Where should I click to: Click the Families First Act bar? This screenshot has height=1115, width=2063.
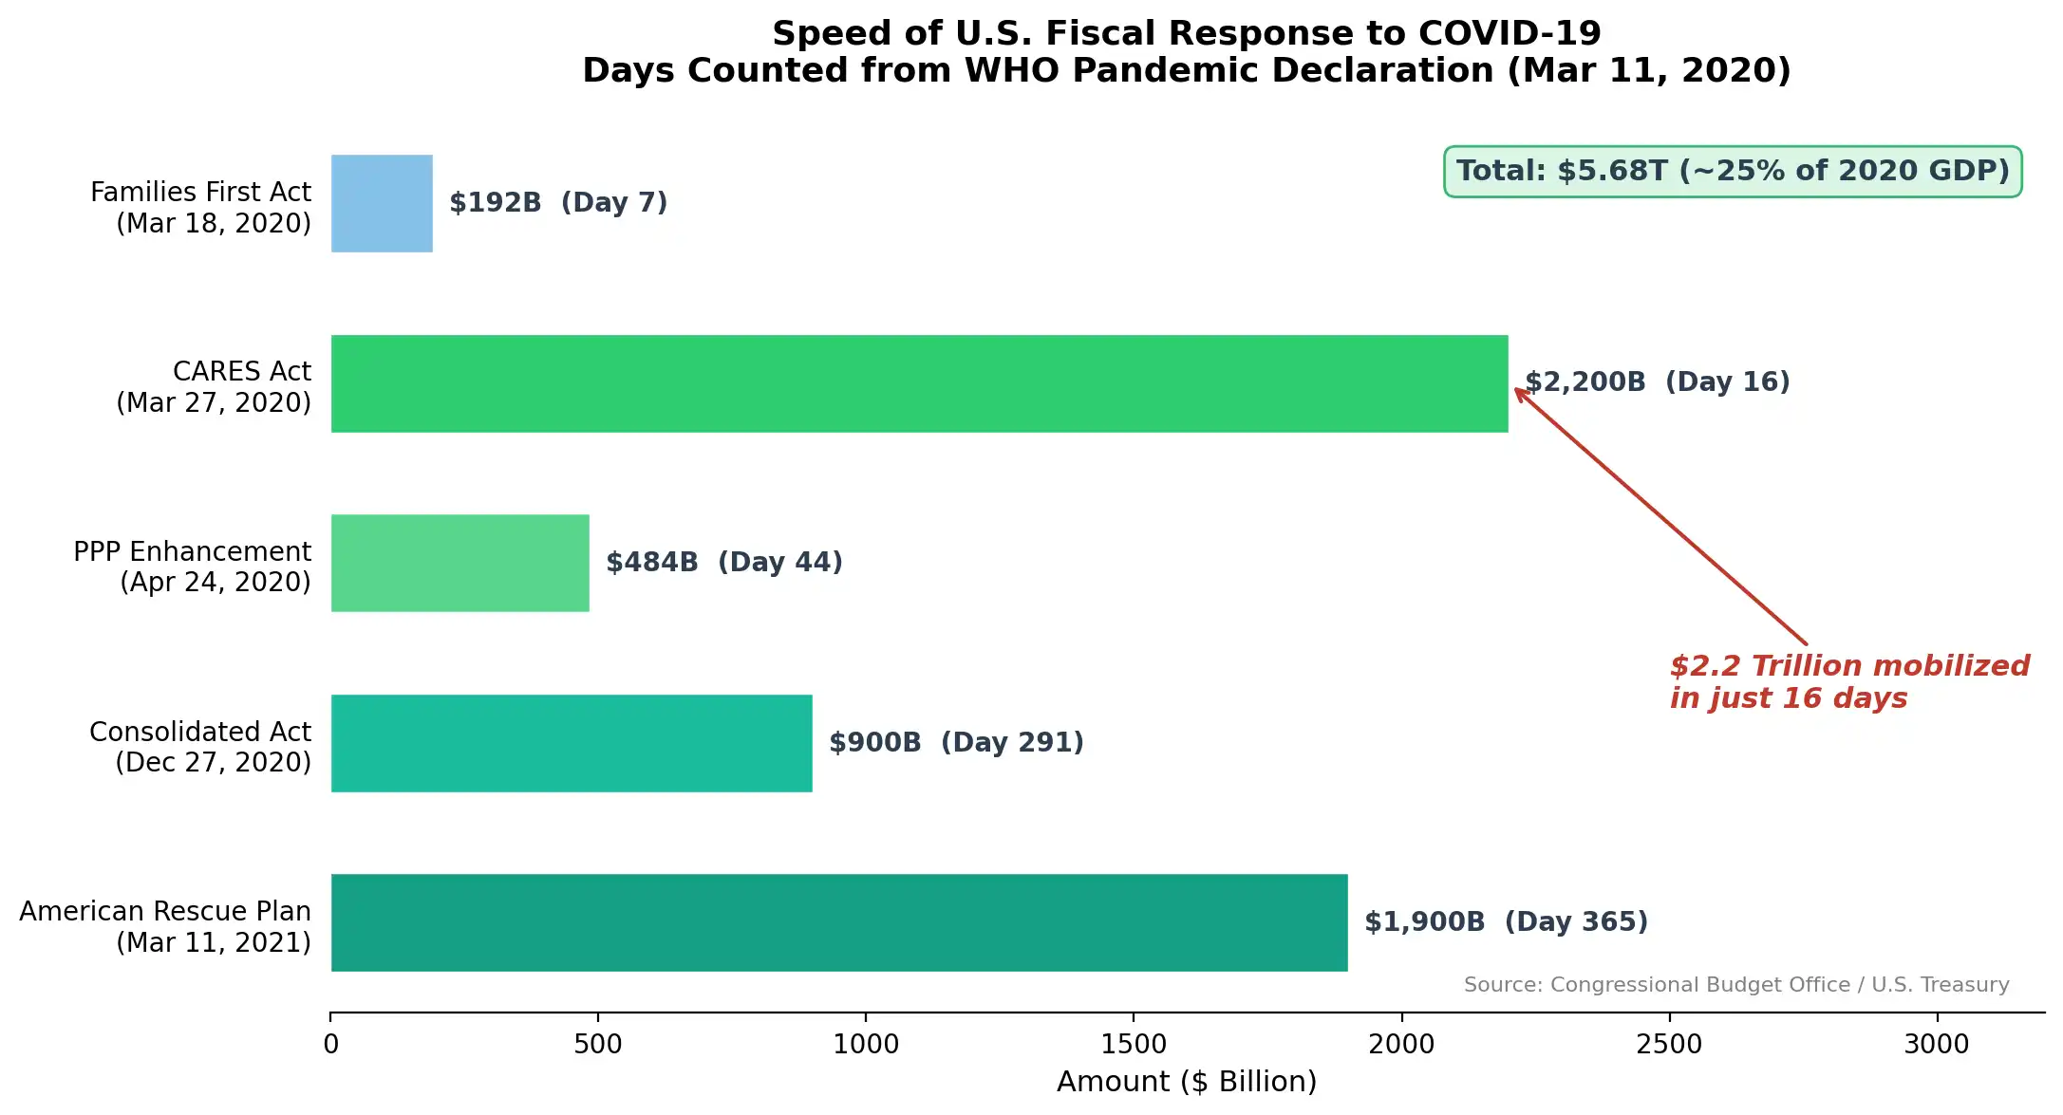tap(382, 203)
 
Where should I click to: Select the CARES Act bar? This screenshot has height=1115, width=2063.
tap(919, 383)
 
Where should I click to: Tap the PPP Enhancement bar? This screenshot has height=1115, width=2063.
tap(459, 563)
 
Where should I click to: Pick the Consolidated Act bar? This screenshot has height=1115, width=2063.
tap(572, 743)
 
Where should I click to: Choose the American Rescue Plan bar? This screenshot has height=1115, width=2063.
tap(839, 922)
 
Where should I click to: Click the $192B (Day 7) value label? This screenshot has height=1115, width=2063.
tap(558, 203)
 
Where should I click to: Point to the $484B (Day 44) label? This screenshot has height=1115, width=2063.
tap(724, 563)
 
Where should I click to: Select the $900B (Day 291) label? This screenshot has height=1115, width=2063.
tap(956, 743)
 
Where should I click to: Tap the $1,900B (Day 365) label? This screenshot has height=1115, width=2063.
tap(1506, 922)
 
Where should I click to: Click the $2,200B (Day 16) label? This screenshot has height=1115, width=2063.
tap(1658, 382)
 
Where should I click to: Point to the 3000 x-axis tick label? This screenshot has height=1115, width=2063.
tap(1937, 1044)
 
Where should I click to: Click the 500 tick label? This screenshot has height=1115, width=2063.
tap(598, 1044)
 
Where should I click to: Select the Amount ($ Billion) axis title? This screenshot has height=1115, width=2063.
tap(1187, 1082)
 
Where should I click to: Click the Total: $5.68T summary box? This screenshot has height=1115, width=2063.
tap(1733, 172)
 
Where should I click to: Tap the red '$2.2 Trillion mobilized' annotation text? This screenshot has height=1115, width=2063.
tap(1849, 681)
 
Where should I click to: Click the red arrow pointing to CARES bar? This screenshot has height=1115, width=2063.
tap(1661, 517)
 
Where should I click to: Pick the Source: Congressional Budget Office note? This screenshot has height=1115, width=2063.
tap(1736, 985)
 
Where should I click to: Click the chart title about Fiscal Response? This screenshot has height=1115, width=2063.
tap(1187, 52)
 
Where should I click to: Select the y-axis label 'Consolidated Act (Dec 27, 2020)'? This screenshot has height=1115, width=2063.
tap(200, 747)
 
